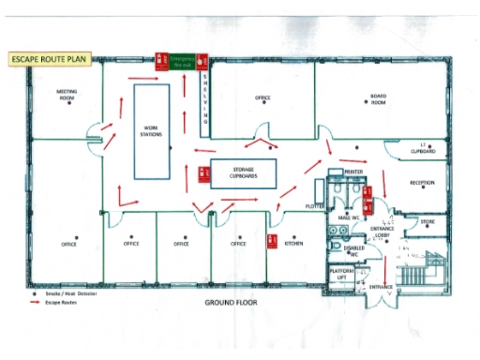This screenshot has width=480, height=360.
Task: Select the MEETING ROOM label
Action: point(67,95)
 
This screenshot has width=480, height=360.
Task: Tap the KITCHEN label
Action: point(294,243)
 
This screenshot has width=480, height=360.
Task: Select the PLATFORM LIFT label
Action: point(342,274)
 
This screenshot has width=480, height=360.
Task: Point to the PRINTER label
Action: point(353,172)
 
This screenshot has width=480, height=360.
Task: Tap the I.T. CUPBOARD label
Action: point(424,149)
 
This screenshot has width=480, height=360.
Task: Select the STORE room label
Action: point(427,221)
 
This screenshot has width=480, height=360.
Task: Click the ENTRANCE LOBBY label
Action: point(382,233)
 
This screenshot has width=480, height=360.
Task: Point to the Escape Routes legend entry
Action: point(66,302)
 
